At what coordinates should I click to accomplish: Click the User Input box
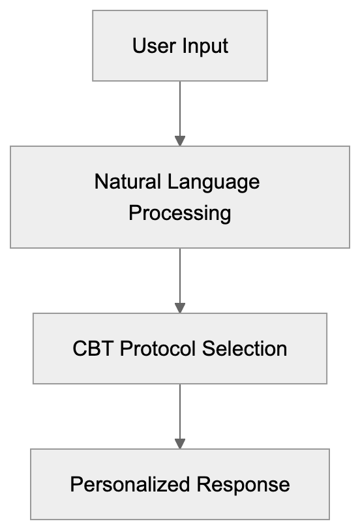[x=179, y=46]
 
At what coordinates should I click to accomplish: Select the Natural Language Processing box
[x=179, y=196]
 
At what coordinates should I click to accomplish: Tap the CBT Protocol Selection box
[x=179, y=348]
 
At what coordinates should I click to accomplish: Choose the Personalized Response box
[x=179, y=484]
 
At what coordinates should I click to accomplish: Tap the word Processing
[x=179, y=213]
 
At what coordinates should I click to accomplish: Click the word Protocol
[x=157, y=349]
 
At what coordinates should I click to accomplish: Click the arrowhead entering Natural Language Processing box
[x=180, y=140]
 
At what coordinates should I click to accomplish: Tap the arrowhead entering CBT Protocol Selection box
[x=180, y=307]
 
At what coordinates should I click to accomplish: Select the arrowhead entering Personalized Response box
[x=180, y=443]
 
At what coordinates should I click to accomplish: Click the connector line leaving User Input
[x=180, y=108]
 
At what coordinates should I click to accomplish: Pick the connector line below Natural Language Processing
[x=180, y=274]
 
